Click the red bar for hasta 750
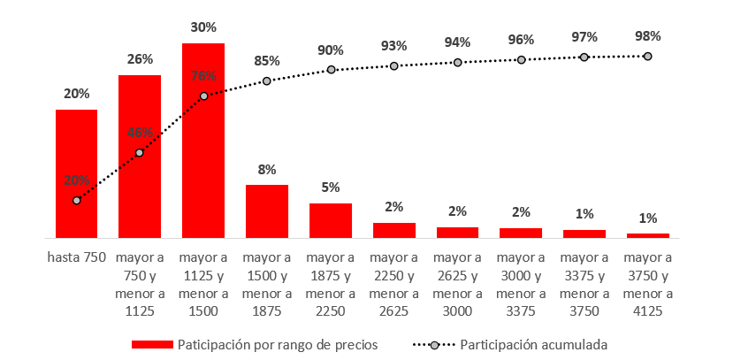[76, 173]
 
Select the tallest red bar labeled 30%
[203, 140]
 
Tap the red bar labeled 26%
[140, 157]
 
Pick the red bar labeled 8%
[267, 211]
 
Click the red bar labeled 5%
[331, 220]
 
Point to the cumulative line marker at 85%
[267, 81]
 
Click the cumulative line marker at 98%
[648, 56]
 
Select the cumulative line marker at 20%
[77, 201]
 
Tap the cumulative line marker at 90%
[331, 69]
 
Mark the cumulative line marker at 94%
[458, 62]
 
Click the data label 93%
[394, 45]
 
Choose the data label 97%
[584, 37]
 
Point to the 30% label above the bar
[203, 27]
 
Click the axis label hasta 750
[76, 258]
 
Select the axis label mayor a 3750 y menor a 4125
[648, 284]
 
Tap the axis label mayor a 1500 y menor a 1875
[267, 284]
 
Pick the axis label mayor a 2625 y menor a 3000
[458, 284]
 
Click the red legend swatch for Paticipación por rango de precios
[151, 343]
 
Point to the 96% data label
[522, 40]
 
